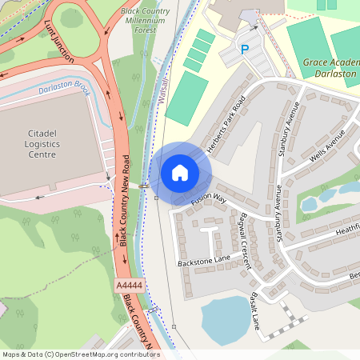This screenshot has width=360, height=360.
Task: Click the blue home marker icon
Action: tap(180, 173)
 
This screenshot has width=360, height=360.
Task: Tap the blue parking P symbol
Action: tap(245, 50)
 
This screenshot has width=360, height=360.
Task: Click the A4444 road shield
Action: tap(128, 285)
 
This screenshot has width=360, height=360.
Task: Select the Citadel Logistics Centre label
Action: tap(30, 142)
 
